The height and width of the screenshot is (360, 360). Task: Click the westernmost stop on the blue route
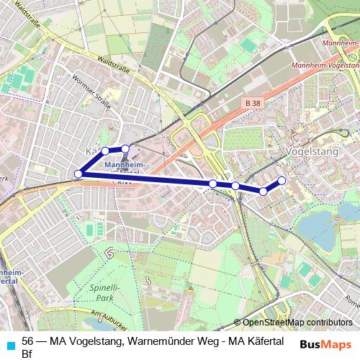click(78, 174)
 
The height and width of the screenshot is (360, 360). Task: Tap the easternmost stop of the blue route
click(282, 180)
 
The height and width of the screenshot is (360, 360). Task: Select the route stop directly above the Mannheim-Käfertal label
click(125, 149)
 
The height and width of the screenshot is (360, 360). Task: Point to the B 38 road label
click(252, 104)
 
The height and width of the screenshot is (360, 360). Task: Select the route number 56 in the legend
click(28, 341)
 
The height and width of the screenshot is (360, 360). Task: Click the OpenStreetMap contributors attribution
click(297, 323)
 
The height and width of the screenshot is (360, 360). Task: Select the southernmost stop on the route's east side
click(264, 191)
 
